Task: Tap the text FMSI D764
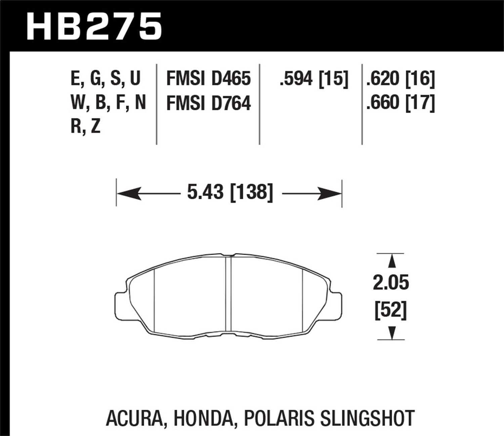(x=209, y=103)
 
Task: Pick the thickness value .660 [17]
(x=401, y=103)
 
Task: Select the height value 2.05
(x=391, y=283)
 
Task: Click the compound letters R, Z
(x=86, y=127)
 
